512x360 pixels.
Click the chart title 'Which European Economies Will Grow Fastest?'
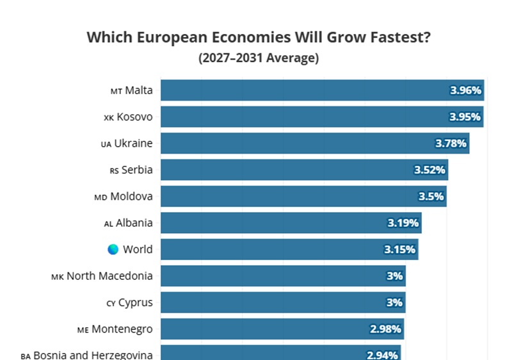(x=259, y=37)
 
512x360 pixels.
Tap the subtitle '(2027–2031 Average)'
(x=259, y=58)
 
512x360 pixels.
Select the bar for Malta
(x=323, y=90)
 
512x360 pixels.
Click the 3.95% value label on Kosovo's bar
(x=465, y=117)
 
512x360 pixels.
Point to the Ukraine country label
(x=133, y=143)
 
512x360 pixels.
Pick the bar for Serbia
(x=305, y=170)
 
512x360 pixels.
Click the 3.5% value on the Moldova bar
(x=431, y=196)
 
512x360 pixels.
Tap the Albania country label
(x=134, y=223)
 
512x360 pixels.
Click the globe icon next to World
(x=113, y=249)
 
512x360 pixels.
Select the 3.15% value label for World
(x=399, y=250)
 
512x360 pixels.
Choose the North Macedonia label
(x=109, y=276)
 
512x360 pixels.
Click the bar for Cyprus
(x=283, y=302)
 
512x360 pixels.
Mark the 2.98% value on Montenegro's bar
(x=385, y=329)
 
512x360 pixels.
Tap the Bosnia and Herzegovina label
(x=93, y=355)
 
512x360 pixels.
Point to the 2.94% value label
(x=382, y=355)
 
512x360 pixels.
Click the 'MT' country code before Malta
(x=116, y=92)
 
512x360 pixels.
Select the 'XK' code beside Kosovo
(x=109, y=118)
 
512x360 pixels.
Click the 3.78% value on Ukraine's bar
(x=451, y=143)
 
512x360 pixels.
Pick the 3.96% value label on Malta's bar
(x=466, y=90)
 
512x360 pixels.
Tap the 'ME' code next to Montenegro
(x=83, y=331)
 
